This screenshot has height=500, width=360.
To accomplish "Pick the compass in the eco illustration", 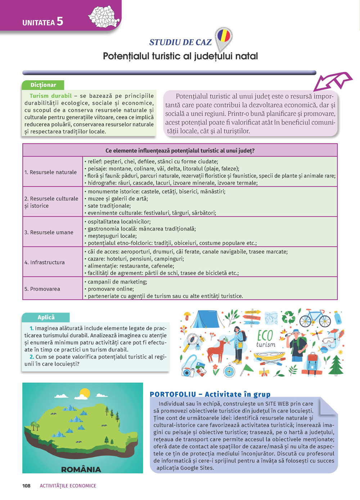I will click(x=229, y=370).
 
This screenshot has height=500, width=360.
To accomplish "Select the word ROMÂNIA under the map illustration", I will click(x=81, y=469).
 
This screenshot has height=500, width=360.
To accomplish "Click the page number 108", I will click(x=26, y=486).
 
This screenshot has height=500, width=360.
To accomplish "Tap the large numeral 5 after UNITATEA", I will click(x=60, y=22).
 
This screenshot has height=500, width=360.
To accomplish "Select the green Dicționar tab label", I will click(x=43, y=85).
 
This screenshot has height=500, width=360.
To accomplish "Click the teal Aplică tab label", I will click(x=46, y=317).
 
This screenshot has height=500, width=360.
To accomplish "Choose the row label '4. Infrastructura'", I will click(x=45, y=262).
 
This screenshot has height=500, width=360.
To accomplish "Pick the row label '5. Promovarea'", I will click(x=42, y=289).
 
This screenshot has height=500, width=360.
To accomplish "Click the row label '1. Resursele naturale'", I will click(x=50, y=172).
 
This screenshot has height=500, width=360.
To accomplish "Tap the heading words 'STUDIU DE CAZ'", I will click(x=180, y=42).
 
